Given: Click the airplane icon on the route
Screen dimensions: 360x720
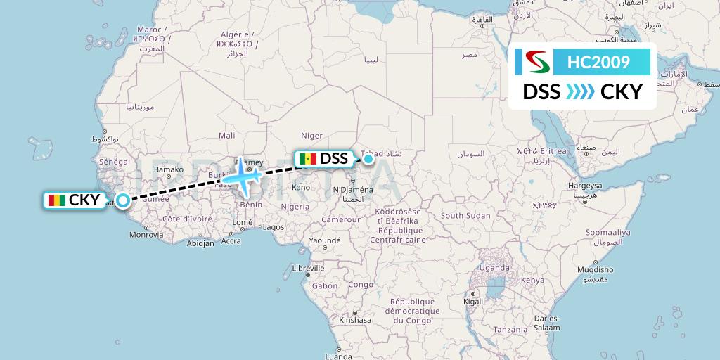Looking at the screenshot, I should pyautogui.click(x=243, y=175).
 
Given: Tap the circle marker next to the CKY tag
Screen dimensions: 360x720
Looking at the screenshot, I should pyautogui.click(x=123, y=200).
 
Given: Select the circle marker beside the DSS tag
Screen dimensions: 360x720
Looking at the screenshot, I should pyautogui.click(x=368, y=159).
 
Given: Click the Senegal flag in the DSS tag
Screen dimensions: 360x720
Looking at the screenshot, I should pyautogui.click(x=307, y=159).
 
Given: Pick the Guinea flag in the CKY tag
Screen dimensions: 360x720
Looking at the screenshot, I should pyautogui.click(x=56, y=200).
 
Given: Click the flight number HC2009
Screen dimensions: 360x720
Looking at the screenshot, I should pyautogui.click(x=599, y=63).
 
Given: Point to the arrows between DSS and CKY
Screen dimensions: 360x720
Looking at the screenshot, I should pyautogui.click(x=581, y=92).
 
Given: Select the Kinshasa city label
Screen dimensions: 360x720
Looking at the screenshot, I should pyautogui.click(x=354, y=320).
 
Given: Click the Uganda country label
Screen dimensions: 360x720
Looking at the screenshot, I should pyautogui.click(x=494, y=268).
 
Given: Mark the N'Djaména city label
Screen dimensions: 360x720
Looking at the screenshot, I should pyautogui.click(x=352, y=190).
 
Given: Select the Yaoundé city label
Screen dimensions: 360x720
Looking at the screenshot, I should pyautogui.click(x=325, y=240).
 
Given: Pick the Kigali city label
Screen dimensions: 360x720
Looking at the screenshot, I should pyautogui.click(x=472, y=301).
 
